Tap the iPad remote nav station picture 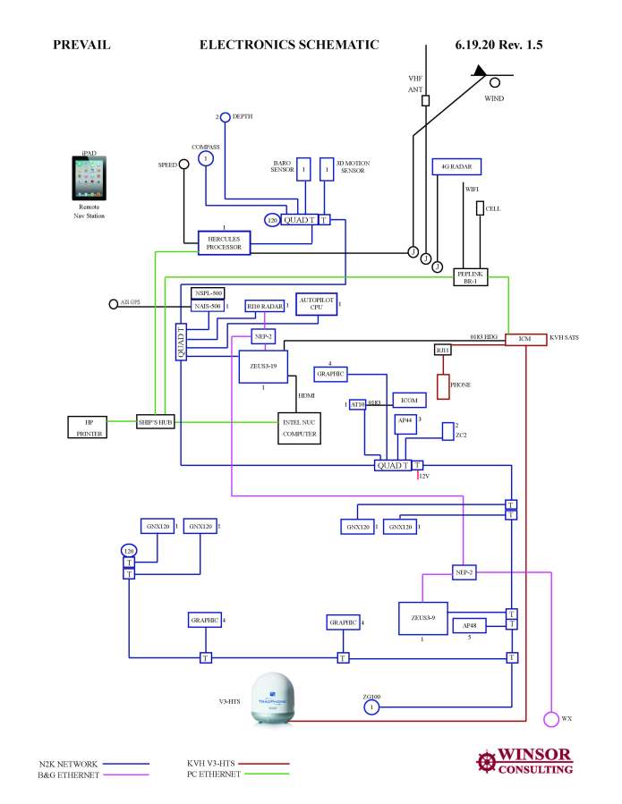[x=89, y=179]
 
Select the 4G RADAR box [x=456, y=167]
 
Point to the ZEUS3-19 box [x=263, y=367]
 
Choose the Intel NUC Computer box [x=299, y=427]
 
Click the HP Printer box [x=89, y=427]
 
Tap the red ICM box [x=524, y=339]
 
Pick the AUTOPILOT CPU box [x=316, y=304]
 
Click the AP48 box [x=469, y=625]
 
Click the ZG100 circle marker [x=371, y=707]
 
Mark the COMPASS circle [x=206, y=158]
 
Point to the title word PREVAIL [x=81, y=45]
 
